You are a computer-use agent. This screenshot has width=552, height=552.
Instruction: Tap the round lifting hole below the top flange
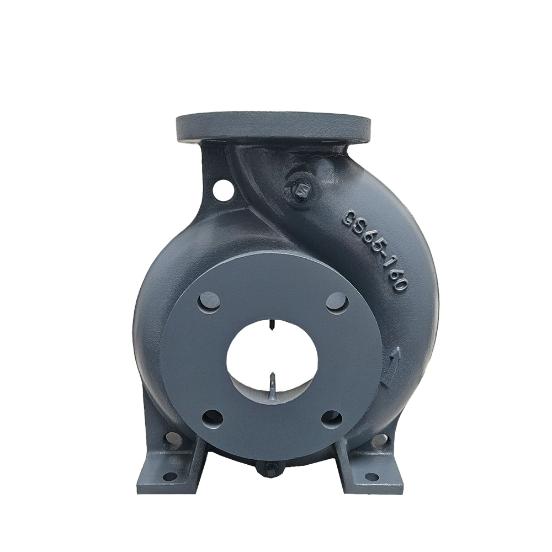223,188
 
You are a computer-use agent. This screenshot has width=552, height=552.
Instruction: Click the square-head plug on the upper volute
301,190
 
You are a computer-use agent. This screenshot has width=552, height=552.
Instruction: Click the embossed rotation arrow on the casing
391,366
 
